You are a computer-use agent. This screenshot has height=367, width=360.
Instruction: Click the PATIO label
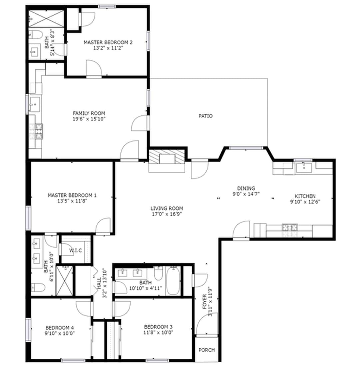pos(205,116)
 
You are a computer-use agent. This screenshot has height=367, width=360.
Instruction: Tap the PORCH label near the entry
pos(207,350)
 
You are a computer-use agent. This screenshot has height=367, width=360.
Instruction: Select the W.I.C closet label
pos(76,250)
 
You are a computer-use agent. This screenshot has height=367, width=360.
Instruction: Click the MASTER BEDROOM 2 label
pos(108,42)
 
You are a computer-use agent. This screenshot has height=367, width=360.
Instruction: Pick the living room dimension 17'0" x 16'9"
pos(166,214)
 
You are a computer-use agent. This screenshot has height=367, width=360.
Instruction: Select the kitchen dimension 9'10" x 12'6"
pos(305,202)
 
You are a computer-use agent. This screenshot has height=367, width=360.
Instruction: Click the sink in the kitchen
pos(303,167)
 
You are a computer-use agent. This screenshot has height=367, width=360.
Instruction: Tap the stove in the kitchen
pos(290,228)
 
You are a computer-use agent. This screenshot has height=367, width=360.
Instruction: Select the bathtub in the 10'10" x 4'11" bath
pos(173,281)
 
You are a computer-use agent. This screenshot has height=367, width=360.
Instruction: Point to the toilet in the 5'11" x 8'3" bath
pos(35,35)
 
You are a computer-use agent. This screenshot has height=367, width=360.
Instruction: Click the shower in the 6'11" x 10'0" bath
pos(64,281)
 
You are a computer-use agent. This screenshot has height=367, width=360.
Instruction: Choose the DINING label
pos(246,188)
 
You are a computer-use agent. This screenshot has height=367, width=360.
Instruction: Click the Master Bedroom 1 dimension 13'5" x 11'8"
pos(72,201)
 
